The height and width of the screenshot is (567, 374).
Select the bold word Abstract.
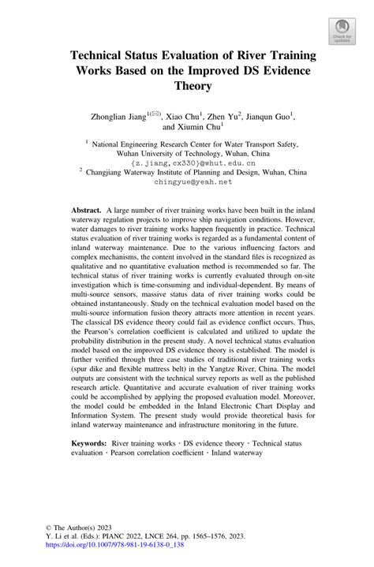click(86, 212)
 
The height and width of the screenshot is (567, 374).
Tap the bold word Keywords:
click(89, 466)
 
